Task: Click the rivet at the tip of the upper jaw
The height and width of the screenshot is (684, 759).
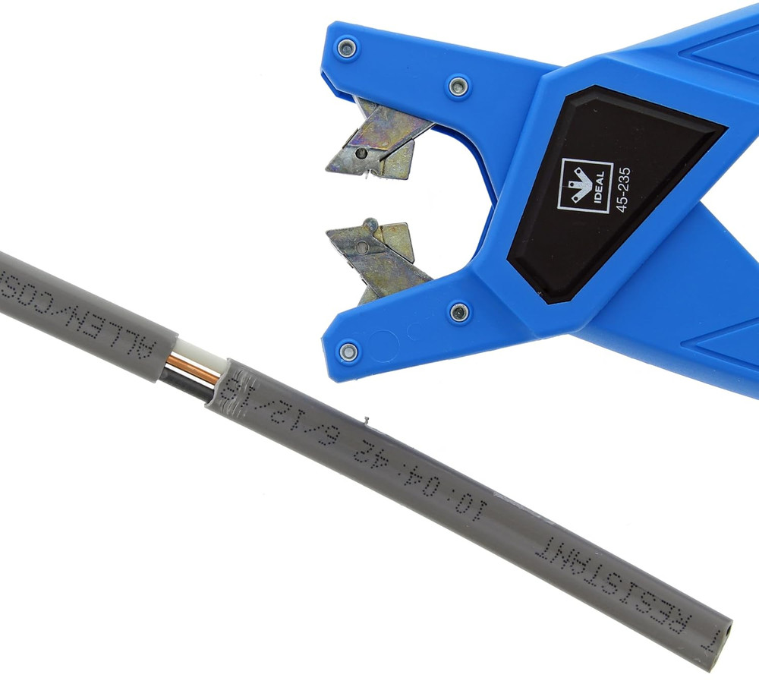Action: point(347,49)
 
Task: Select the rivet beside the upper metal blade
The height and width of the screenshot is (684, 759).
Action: point(458,86)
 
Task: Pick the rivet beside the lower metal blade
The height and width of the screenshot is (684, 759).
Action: point(458,311)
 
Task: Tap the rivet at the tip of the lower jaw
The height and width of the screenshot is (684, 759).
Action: point(348,351)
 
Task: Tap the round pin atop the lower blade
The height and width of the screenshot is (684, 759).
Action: point(370,225)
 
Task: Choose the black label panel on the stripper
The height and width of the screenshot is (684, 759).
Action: point(607,190)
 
